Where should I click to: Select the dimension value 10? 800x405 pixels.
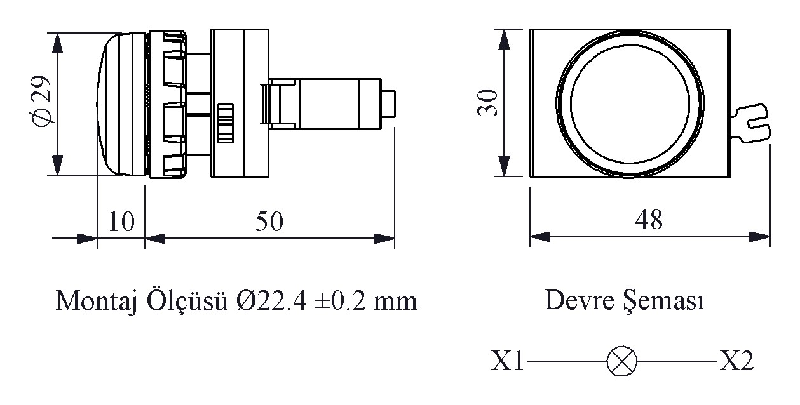(x=121, y=222)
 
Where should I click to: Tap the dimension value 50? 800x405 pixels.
(x=269, y=222)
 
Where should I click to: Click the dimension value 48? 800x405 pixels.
(x=649, y=220)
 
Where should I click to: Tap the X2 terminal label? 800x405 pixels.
(x=736, y=362)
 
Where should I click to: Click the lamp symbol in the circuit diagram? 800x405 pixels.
(x=618, y=362)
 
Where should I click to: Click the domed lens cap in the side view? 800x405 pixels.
(x=121, y=103)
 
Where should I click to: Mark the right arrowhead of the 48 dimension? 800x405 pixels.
(x=761, y=237)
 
